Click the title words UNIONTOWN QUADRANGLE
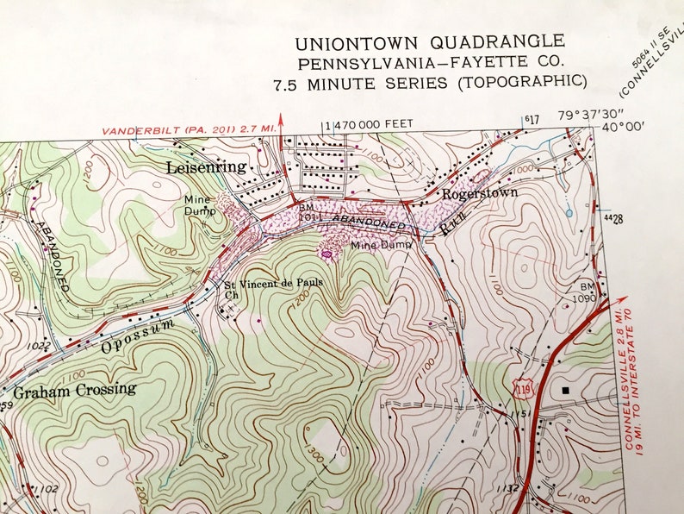430,42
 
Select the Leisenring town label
207,166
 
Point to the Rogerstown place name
480,193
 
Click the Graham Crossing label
74,389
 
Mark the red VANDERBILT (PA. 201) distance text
188,129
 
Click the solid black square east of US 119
565,390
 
